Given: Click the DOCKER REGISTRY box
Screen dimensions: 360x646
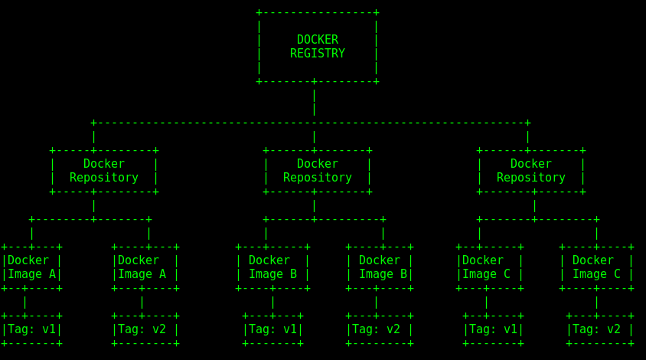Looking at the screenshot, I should point(317,47).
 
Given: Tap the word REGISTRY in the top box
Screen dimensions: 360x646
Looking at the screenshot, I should point(317,54).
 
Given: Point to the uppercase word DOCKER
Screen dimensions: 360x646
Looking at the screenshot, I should point(317,40).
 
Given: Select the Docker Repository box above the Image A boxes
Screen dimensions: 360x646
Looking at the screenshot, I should point(103,171).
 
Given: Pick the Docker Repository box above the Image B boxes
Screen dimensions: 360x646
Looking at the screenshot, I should point(317,171).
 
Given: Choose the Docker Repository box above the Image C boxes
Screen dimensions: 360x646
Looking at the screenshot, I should point(530,171).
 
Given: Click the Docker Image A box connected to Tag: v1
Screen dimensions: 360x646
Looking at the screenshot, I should point(31,267).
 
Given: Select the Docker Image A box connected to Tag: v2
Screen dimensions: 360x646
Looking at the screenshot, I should point(145,267).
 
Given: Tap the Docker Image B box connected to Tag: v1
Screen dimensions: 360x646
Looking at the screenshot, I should point(272,267).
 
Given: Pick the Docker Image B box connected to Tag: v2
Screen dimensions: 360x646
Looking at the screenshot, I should point(379,267).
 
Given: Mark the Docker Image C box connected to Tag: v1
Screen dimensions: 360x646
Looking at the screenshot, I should point(489,267).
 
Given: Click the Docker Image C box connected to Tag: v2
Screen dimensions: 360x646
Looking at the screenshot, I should point(596,267).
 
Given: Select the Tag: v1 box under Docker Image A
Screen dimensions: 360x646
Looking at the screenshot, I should point(31,329).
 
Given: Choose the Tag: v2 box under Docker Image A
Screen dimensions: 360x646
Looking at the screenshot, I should point(145,329).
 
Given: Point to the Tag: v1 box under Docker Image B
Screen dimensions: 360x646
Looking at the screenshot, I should point(272,329).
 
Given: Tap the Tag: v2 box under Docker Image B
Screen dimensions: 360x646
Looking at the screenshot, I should point(379,329).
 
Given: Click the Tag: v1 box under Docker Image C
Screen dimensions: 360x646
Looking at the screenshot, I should point(493,329).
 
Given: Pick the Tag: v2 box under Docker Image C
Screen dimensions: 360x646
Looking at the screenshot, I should point(600,329).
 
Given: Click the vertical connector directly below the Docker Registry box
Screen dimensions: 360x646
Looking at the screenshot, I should point(314,102).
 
